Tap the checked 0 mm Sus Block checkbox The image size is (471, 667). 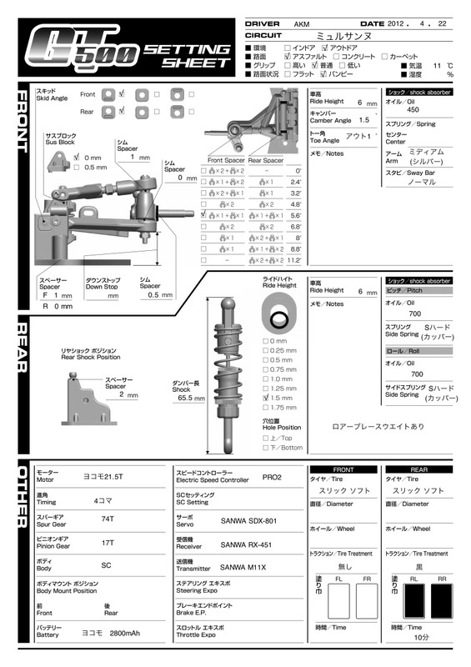[77, 157]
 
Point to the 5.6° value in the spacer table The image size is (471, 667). [296, 215]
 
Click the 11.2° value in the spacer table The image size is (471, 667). [294, 260]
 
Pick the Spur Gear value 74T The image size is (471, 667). [107, 519]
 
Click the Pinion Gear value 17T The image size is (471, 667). [108, 543]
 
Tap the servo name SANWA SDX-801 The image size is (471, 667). [244, 519]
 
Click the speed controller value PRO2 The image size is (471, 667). [272, 478]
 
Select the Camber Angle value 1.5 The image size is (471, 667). [363, 120]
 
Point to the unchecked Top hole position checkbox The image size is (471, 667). [265, 438]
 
